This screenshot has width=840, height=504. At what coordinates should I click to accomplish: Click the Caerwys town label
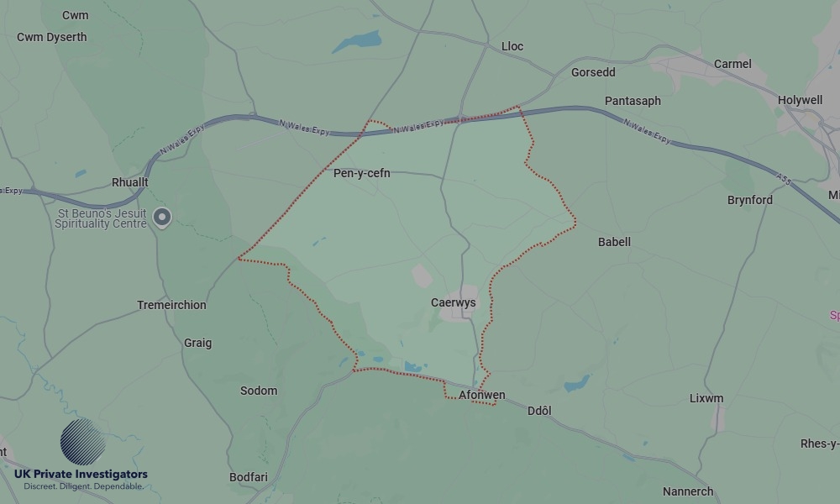point(454,302)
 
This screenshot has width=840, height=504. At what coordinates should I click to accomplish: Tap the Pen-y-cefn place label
point(362,174)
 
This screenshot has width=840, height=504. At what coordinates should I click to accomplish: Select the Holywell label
point(800,100)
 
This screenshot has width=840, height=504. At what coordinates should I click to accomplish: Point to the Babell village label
point(614,242)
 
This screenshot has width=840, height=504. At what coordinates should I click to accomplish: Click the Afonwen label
point(482,395)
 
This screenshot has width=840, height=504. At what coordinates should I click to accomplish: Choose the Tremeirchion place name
point(171,305)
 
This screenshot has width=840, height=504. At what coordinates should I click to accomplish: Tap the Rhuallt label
point(130,182)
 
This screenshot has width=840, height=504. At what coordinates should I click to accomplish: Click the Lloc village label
point(512,46)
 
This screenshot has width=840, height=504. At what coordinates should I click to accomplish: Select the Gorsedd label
point(593,72)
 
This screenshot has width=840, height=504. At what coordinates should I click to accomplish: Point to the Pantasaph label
point(633,101)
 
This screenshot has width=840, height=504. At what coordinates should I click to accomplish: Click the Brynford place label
point(750,200)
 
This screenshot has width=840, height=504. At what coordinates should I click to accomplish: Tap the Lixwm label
point(706,398)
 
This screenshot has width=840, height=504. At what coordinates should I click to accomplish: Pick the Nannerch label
point(688,491)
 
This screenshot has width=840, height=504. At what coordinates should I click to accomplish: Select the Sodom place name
point(259,391)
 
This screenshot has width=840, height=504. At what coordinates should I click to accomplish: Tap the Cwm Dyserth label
point(52,37)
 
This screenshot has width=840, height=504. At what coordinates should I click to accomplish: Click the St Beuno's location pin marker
point(163,218)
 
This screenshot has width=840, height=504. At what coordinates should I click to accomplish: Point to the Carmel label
point(732,64)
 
